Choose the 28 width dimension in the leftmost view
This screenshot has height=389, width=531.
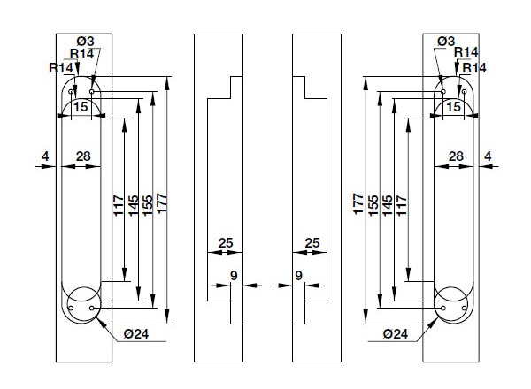coord(82,156)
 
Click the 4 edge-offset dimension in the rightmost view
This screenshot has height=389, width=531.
coord(488,156)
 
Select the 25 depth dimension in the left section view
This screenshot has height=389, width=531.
coord(224,242)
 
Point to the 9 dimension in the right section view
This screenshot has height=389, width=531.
coord(298,276)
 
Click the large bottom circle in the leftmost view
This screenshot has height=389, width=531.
coord(81,301)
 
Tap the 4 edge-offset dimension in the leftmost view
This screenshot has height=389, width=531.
coord(44,156)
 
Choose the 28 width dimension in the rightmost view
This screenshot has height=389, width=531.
coord(456,156)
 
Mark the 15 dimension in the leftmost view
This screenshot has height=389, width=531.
coord(81,106)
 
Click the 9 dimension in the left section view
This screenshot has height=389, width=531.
coord(234,276)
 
